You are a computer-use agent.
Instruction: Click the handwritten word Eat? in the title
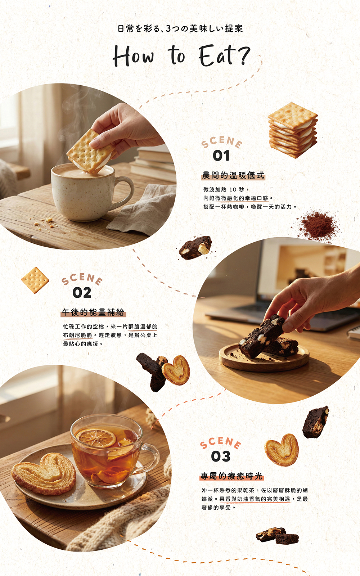[x=224, y=55]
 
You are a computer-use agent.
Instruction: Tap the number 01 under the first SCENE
[x=221, y=156]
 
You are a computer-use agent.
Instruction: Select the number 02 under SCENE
[x=82, y=293]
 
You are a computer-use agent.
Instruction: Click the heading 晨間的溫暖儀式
[x=233, y=175]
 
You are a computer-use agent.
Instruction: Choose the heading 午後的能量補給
[x=93, y=312]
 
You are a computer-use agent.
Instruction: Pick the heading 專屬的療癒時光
[x=232, y=476]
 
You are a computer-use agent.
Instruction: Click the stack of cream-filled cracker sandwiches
[x=293, y=130]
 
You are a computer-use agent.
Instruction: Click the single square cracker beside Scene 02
[x=35, y=280]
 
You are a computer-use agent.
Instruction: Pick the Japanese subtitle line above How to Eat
[x=180, y=28]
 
